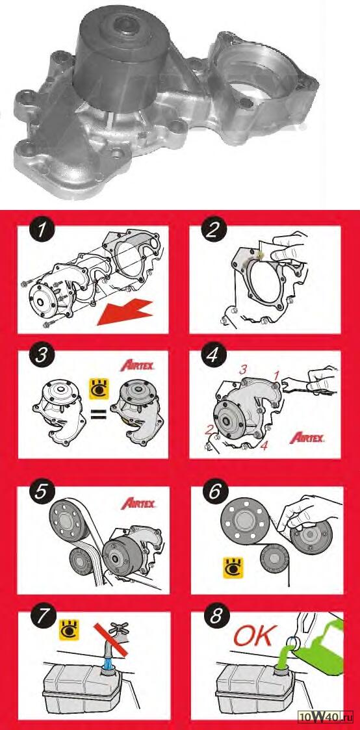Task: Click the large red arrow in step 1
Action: pos(125,313)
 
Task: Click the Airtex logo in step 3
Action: pos(138,365)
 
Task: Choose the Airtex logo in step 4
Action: pos(307,437)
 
